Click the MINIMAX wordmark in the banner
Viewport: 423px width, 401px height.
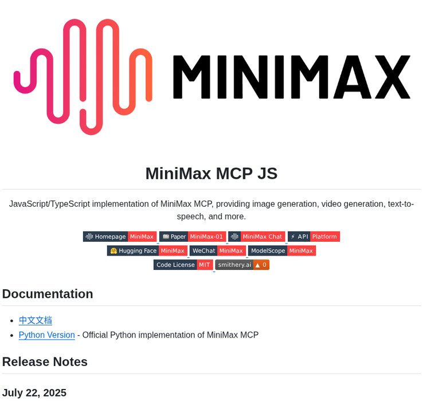[291, 77]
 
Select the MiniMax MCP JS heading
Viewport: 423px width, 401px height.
[211, 173]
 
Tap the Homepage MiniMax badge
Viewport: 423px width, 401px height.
[119, 237]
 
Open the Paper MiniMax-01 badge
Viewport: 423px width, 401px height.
[193, 237]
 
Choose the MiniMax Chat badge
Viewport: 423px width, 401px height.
[257, 237]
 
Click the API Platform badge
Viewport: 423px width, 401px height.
[314, 237]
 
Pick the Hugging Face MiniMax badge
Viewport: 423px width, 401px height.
[147, 251]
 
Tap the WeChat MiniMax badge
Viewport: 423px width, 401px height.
[218, 251]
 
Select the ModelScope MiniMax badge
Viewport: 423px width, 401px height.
[282, 251]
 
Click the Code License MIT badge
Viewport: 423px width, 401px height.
[183, 265]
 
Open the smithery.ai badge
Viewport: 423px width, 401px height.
[242, 265]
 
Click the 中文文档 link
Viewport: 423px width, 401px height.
[36, 320]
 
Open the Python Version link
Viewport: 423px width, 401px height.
[46, 335]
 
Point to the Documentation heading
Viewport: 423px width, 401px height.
[48, 294]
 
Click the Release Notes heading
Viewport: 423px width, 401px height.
[45, 362]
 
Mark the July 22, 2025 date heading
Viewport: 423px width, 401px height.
[34, 392]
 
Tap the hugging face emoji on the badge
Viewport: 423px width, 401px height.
[113, 251]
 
